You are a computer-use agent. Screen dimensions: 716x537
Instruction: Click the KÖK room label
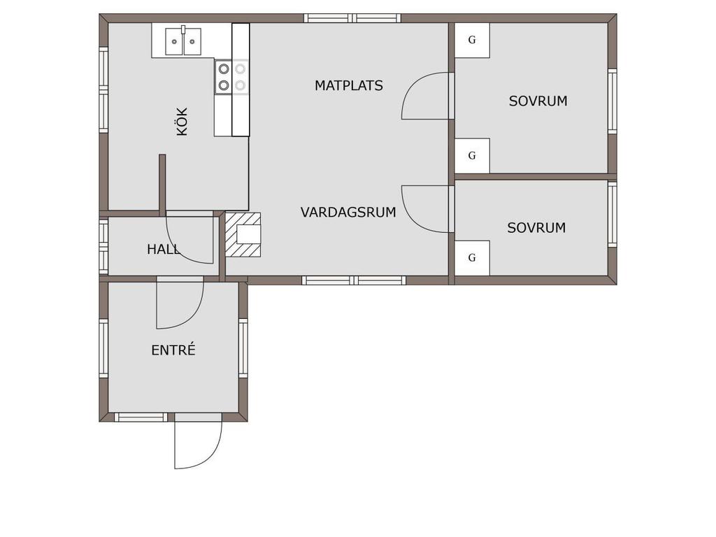click(182, 122)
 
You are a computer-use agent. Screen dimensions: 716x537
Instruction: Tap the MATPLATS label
click(349, 85)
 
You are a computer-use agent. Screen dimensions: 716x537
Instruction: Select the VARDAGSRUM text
click(348, 213)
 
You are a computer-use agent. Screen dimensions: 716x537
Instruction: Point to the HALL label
click(164, 250)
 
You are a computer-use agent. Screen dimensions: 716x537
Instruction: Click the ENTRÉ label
click(173, 350)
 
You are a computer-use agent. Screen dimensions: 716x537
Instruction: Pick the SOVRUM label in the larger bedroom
click(538, 101)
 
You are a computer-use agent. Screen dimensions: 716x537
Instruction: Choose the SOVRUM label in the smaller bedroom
click(536, 228)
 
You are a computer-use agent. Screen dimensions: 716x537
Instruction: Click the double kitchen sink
click(183, 41)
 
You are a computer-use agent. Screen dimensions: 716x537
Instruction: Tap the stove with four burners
click(231, 77)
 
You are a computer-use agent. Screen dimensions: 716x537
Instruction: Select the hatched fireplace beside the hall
click(243, 235)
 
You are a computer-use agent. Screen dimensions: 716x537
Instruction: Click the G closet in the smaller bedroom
click(472, 258)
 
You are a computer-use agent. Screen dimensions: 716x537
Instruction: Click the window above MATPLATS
click(352, 18)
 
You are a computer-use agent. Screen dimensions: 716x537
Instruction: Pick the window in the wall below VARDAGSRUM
click(354, 280)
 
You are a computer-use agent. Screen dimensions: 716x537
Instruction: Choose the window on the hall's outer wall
click(103, 247)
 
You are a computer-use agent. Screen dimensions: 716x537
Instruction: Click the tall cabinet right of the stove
click(241, 80)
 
